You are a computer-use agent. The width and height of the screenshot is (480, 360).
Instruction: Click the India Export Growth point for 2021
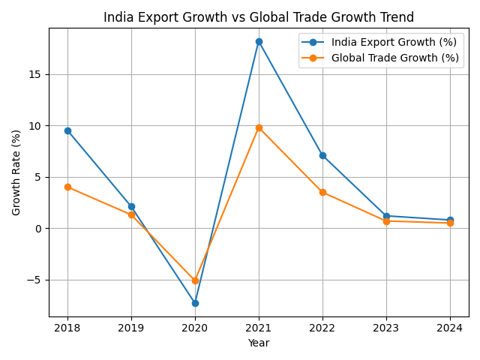tap(259, 41)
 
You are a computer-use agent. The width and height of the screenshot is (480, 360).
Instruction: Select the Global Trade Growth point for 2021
tap(259, 127)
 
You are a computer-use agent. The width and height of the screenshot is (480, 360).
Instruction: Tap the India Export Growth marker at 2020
tap(195, 303)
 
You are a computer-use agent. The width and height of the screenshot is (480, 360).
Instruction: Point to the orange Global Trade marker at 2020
tap(195, 280)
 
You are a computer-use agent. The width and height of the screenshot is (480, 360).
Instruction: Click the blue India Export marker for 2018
tap(67, 130)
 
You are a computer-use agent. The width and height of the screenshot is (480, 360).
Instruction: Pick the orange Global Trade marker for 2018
tap(67, 187)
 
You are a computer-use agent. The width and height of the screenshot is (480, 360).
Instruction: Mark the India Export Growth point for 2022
tap(322, 155)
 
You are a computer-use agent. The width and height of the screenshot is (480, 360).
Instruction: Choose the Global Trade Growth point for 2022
tap(322, 192)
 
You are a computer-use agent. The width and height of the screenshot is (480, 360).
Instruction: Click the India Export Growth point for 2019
tap(131, 206)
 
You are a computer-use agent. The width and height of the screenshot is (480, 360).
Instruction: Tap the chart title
tap(259, 17)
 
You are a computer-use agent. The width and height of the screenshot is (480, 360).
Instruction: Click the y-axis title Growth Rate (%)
tap(16, 172)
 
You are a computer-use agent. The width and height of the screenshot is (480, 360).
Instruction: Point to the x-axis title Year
tap(259, 343)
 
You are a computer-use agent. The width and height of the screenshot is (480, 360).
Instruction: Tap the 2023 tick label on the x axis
tap(386, 328)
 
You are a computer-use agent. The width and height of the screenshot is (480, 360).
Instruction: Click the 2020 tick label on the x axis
tap(195, 328)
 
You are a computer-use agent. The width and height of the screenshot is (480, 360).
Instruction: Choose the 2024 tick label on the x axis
tap(450, 328)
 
